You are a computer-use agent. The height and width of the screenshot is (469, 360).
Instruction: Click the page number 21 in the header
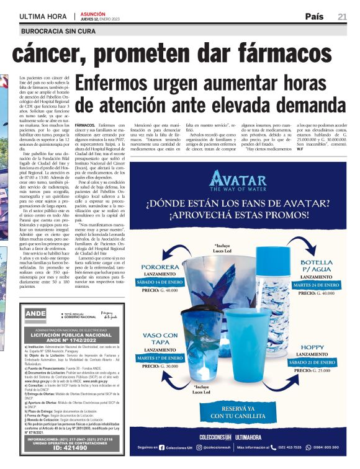click(x=342, y=17)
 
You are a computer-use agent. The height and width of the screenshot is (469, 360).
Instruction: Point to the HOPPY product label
click(x=312, y=347)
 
